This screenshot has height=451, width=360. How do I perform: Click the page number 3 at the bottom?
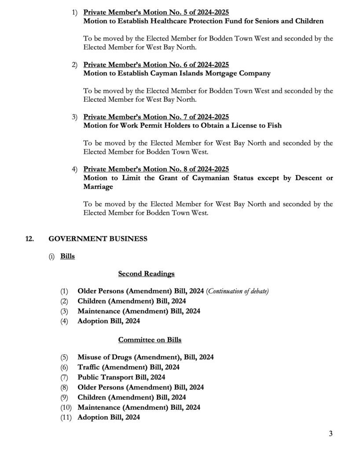tap(331, 433)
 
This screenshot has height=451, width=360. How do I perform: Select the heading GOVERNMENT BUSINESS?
tap(98, 239)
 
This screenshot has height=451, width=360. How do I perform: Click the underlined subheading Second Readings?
tap(146, 274)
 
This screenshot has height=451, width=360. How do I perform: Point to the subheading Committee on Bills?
tap(150, 340)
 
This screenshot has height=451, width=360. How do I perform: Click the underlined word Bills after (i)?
tap(67, 256)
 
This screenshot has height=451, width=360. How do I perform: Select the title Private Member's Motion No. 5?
tap(156, 12)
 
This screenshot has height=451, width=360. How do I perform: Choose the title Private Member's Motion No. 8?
tap(156, 169)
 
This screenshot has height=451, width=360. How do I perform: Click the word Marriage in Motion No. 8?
tap(98, 187)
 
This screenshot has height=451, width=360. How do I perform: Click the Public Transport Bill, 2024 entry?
tap(121, 377)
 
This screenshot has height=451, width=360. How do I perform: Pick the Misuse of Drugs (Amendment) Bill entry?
tap(145, 357)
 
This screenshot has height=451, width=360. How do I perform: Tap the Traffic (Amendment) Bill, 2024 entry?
tap(129, 367)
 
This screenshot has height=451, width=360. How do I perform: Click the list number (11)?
tap(66, 417)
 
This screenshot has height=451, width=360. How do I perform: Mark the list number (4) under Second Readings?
tap(65, 321)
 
